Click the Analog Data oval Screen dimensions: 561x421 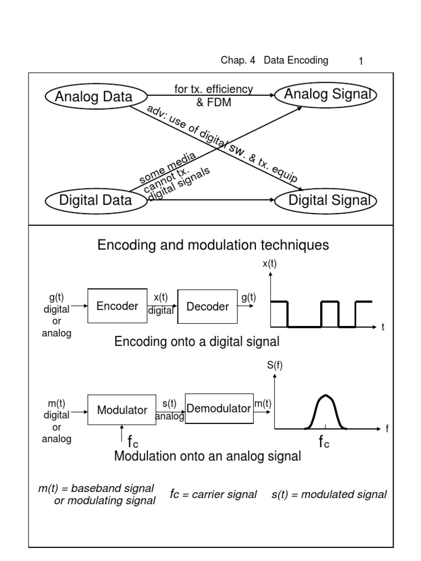coord(93,97)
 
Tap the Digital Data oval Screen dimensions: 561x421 coord(95,200)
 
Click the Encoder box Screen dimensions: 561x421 coord(117,306)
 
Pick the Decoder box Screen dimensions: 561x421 coord(207,307)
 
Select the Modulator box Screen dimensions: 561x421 coord(122,410)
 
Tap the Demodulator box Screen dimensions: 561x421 coord(219,408)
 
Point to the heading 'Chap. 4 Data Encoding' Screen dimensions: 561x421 coord(274,61)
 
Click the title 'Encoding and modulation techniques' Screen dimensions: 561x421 coord(213,245)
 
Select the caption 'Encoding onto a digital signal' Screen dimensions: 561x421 coord(197,342)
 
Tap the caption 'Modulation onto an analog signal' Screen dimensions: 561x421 coord(207,456)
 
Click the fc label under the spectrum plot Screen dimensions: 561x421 coord(324,443)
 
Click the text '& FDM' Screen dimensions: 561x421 coord(214,102)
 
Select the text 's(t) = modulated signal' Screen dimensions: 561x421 coord(329,495)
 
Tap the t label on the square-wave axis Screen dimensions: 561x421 coord(384,327)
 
